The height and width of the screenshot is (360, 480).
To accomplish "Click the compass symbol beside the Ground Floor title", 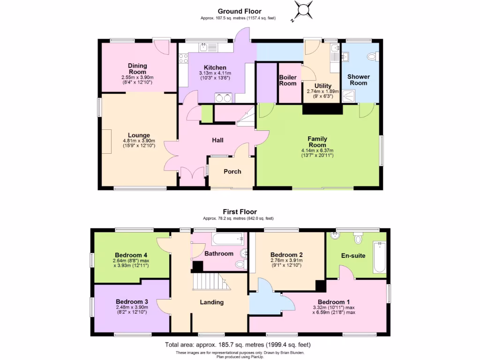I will click(303, 10).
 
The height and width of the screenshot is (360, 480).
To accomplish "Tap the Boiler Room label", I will click(288, 80).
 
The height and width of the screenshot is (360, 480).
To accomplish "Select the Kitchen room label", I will click(215, 68).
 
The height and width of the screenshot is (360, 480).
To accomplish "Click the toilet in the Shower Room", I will click(372, 57).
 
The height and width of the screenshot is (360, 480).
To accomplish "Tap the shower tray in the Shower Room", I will click(349, 96).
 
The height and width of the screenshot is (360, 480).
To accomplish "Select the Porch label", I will click(232, 172).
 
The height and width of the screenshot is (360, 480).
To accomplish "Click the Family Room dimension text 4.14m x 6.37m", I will click(317, 150).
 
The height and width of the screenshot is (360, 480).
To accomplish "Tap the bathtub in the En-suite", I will click(379, 257).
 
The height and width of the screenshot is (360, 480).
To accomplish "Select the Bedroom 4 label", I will click(126, 255).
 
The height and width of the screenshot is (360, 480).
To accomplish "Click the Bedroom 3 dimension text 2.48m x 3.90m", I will click(132, 307).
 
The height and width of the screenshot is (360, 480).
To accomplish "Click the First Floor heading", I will click(240, 212).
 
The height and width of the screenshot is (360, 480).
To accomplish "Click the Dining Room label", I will click(137, 69).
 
